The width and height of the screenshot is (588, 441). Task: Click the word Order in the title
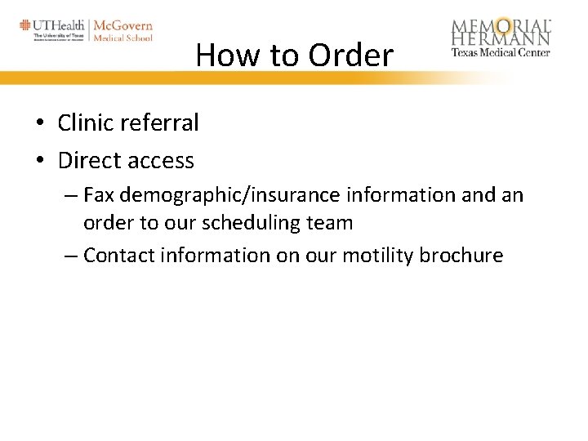[x=350, y=56]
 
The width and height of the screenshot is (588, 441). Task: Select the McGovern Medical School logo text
[x=122, y=30]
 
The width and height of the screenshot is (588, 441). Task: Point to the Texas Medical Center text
[x=501, y=52]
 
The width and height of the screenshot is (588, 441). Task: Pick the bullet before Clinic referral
[x=39, y=124]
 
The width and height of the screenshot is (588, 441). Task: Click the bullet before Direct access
[x=39, y=162]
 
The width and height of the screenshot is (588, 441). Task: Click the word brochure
[x=461, y=256]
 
